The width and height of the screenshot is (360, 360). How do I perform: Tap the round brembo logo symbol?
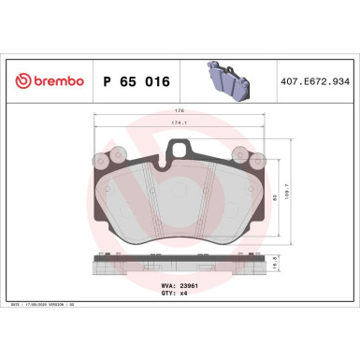[18, 81]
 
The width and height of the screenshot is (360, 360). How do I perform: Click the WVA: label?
[166, 281]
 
